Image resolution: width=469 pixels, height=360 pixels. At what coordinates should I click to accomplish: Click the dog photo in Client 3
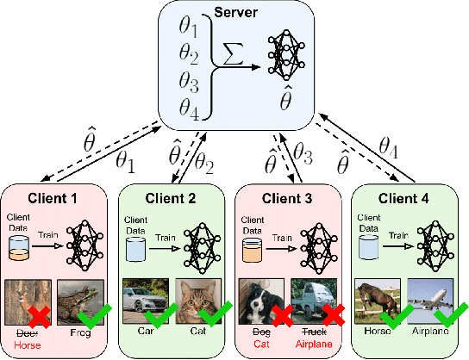tap(261, 301)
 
